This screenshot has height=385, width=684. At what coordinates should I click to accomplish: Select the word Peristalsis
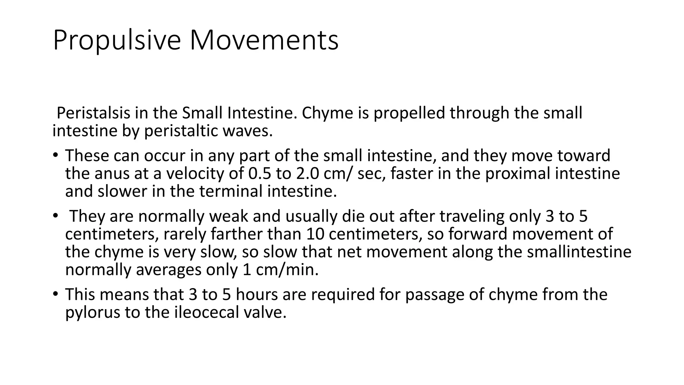(x=94, y=113)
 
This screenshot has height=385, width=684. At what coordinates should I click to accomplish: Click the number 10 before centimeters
(x=315, y=234)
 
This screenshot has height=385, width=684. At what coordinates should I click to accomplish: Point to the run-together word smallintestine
(x=579, y=252)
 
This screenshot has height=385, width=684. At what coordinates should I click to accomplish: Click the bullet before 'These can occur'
(x=55, y=155)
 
